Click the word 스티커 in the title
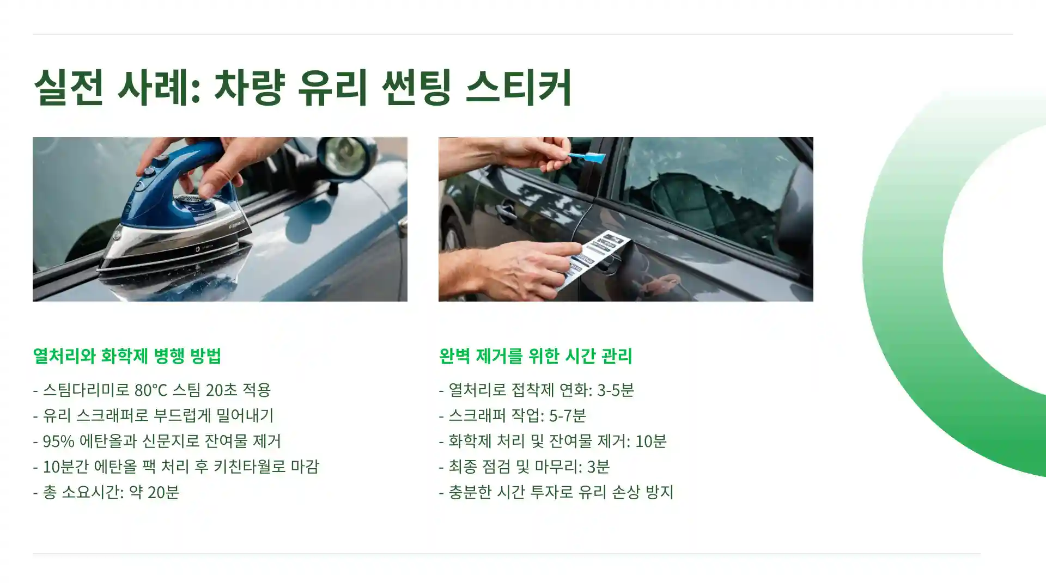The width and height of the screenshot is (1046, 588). [x=518, y=87]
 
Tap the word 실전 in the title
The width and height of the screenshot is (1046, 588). [x=69, y=87]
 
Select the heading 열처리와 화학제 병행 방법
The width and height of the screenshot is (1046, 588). [x=127, y=356]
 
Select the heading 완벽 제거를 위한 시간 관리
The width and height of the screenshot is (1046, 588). [x=535, y=356]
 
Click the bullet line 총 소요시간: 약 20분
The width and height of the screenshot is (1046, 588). [x=106, y=492]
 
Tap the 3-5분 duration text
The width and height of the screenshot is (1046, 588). [x=615, y=390]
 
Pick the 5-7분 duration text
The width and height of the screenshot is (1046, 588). [x=567, y=415]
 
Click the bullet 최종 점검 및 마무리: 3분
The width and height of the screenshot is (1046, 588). [x=524, y=467]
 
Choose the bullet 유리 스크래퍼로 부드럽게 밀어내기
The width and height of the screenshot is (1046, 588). [x=154, y=415]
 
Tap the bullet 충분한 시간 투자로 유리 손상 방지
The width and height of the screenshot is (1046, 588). [x=556, y=492]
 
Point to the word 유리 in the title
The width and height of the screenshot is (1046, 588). [x=333, y=87]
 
